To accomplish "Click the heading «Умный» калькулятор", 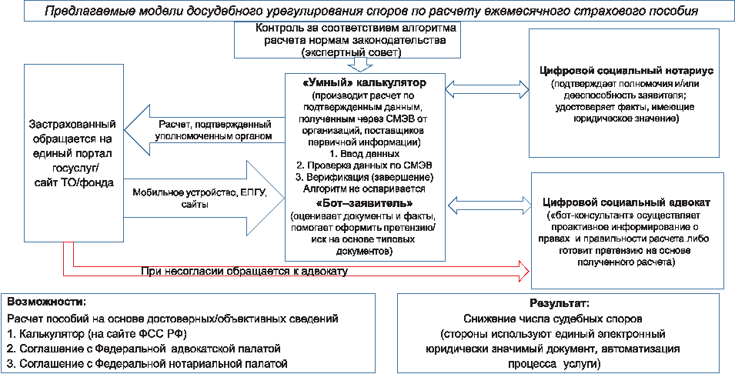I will (x=365, y=82).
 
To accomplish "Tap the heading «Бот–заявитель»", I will (x=365, y=203).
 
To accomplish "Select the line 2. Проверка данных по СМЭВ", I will (x=365, y=165).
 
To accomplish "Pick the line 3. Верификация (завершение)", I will (x=364, y=176).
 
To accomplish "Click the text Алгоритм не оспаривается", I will (x=364, y=188).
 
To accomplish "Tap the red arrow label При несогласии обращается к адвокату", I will (x=244, y=271).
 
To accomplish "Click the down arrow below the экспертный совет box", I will (x=359, y=64).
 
